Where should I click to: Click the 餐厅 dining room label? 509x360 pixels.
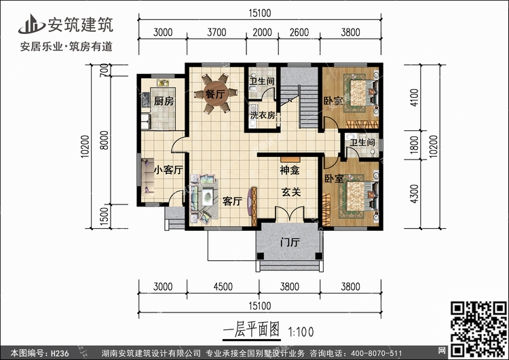pyautogui.click(x=215, y=94)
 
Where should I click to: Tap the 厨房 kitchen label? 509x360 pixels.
pyautogui.click(x=164, y=101)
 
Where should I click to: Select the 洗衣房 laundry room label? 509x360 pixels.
pyautogui.click(x=263, y=115)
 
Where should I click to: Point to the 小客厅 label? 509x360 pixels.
pyautogui.click(x=168, y=170)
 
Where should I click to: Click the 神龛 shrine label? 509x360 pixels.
pyautogui.click(x=290, y=170)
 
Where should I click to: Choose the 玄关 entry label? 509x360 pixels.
pyautogui.click(x=291, y=192)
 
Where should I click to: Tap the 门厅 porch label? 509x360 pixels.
pyautogui.click(x=290, y=242)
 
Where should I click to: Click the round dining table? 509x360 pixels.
pyautogui.click(x=215, y=93)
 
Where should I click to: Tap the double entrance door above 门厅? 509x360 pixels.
pyautogui.click(x=290, y=214)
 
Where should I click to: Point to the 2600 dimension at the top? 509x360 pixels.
pyautogui.click(x=299, y=33)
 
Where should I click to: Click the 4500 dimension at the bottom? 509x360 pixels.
pyautogui.click(x=223, y=287)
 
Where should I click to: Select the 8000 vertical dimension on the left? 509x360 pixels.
pyautogui.click(x=104, y=140)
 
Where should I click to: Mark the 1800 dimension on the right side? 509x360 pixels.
pyautogui.click(x=415, y=145)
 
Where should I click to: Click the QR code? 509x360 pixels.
pyautogui.click(x=478, y=329)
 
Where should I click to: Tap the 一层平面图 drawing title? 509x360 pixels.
pyautogui.click(x=251, y=330)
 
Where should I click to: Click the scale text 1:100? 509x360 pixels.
pyautogui.click(x=301, y=332)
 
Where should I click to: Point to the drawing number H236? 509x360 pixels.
pyautogui.click(x=60, y=353)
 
